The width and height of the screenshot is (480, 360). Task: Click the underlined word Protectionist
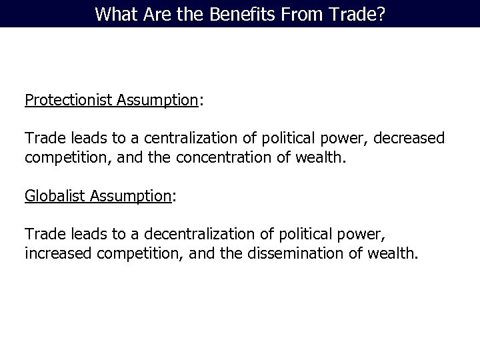click(x=69, y=101)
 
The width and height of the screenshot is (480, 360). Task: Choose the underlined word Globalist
click(x=55, y=195)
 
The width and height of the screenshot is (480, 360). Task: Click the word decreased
click(x=411, y=139)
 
